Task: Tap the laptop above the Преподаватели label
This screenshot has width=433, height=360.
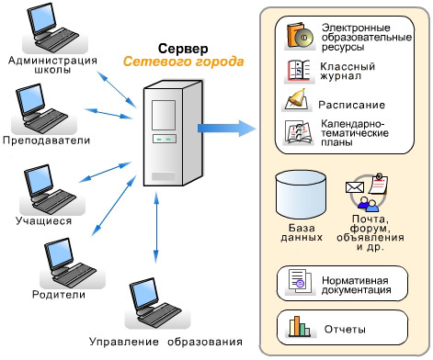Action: coord(42,107)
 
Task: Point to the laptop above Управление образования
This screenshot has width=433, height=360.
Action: coord(155,302)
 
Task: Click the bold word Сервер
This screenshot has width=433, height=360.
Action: coord(183,49)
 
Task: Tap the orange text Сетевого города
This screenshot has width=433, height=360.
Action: coord(183,62)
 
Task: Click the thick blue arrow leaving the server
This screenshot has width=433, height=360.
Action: coord(227,129)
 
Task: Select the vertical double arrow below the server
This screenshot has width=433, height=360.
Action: coord(156,227)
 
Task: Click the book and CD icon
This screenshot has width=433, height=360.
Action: coord(300,36)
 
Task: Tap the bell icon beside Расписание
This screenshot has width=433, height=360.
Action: coord(297,100)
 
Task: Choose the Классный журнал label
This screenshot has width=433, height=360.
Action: coord(348,71)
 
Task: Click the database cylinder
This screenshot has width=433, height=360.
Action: coord(301,195)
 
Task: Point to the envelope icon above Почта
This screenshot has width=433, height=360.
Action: coord(355,187)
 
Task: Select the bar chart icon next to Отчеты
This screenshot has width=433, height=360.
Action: coord(299,326)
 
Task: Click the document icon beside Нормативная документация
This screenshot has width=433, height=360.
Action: coord(300,281)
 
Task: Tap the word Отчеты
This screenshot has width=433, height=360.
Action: coord(345,330)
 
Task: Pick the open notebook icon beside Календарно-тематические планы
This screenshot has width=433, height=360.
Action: coord(299,132)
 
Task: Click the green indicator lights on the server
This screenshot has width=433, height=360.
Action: coord(164,140)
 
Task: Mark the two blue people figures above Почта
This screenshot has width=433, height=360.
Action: coord(369,204)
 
